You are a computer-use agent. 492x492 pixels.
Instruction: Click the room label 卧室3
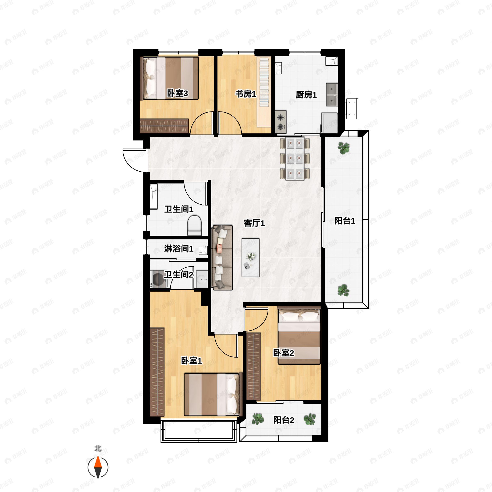pyautogui.click(x=178, y=93)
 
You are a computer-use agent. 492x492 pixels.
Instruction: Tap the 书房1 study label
pyautogui.click(x=246, y=94)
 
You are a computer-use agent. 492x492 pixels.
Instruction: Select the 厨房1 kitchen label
pyautogui.click(x=306, y=95)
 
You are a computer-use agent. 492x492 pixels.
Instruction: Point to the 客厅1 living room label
pyautogui.click(x=254, y=223)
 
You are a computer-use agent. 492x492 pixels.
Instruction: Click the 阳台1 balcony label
pyautogui.click(x=345, y=221)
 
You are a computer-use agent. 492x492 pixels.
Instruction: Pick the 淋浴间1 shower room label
pyautogui.click(x=179, y=248)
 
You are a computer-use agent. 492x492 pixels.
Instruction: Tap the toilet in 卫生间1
pyautogui.click(x=194, y=225)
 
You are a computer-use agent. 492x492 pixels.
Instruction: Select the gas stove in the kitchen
pyautogui.click(x=281, y=122)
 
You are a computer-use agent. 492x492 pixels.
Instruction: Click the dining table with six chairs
pyautogui.click(x=295, y=159)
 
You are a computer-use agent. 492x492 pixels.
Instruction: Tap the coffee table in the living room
pyautogui.click(x=250, y=257)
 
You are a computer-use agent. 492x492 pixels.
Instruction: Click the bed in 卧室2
pyautogui.click(x=299, y=336)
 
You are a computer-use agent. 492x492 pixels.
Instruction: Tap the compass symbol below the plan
pyautogui.click(x=98, y=467)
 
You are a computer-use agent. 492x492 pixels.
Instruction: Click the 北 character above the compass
pyautogui.click(x=98, y=448)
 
